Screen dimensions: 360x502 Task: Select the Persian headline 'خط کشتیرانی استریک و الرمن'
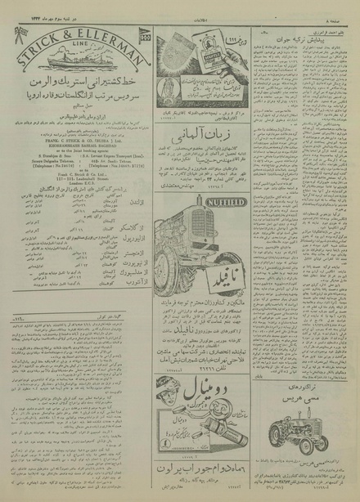coord(74,86)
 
